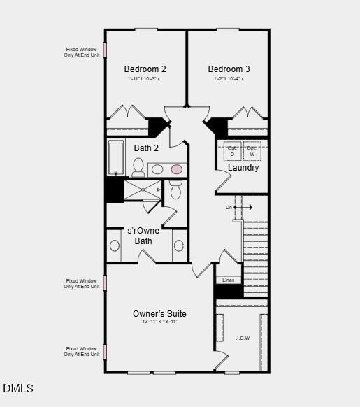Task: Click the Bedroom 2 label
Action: pyautogui.click(x=145, y=69)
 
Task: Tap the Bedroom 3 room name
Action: pyautogui.click(x=229, y=69)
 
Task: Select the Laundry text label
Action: pyautogui.click(x=243, y=168)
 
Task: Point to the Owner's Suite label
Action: pyautogui.click(x=159, y=314)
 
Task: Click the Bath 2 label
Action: pyautogui.click(x=146, y=148)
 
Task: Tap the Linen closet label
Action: pyautogui.click(x=229, y=280)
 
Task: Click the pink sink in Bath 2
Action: pyautogui.click(x=177, y=169)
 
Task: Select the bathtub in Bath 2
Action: pyautogui.click(x=116, y=158)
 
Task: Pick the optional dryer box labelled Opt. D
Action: pyautogui.click(x=232, y=151)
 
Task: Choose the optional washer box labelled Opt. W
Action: pyautogui.click(x=252, y=151)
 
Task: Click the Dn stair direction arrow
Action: pyautogui.click(x=238, y=208)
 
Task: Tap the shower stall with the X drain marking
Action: pyautogui.click(x=142, y=190)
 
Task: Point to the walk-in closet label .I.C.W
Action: pyautogui.click(x=243, y=338)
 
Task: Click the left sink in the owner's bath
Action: pyautogui.click(x=115, y=245)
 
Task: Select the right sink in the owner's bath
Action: pyautogui.click(x=178, y=245)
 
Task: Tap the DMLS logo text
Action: pyautogui.click(x=18, y=388)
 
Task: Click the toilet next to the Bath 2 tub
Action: pyautogui.click(x=138, y=167)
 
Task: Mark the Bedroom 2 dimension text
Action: pyautogui.click(x=144, y=79)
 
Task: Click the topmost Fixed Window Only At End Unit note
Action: pyautogui.click(x=81, y=52)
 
